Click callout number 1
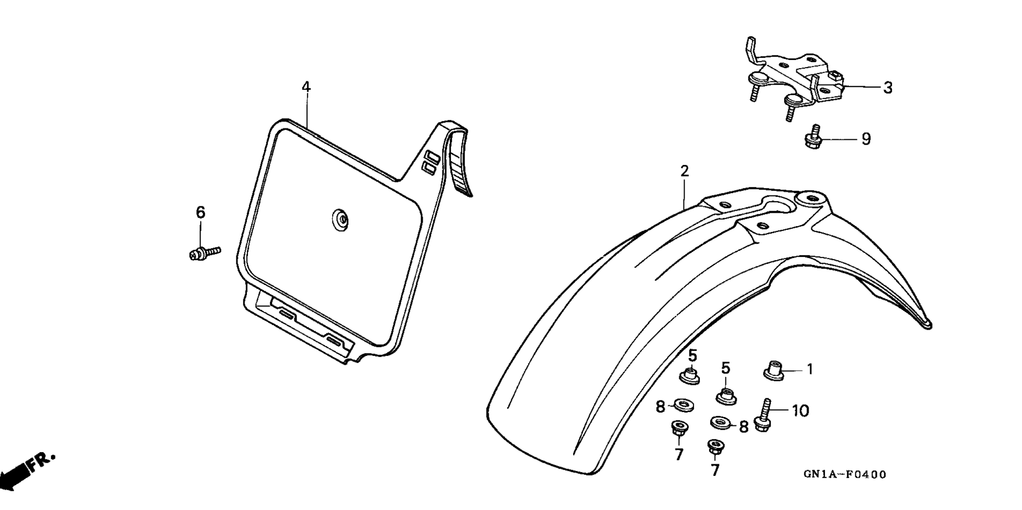point(810,369)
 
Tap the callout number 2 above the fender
point(685,171)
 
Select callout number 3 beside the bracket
point(887,88)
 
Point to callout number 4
point(306,87)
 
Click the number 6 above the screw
point(200,212)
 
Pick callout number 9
point(866,139)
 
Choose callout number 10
point(800,411)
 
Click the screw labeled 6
point(204,253)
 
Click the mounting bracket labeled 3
point(793,80)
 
